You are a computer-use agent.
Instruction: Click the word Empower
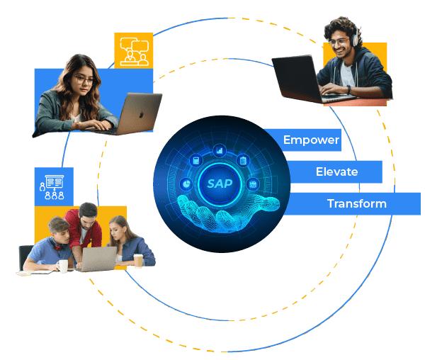311,140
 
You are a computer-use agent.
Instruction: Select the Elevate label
336,171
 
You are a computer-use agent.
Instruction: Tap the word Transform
356,203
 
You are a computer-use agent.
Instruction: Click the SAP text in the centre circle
219,184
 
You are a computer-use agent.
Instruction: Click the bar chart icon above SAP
219,150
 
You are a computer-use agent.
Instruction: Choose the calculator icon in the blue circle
196,160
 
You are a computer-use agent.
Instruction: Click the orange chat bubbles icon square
133,50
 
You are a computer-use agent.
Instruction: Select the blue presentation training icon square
54,186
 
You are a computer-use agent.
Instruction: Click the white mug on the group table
62,266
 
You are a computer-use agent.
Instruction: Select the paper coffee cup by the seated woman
138,261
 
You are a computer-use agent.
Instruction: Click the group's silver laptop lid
98,258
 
